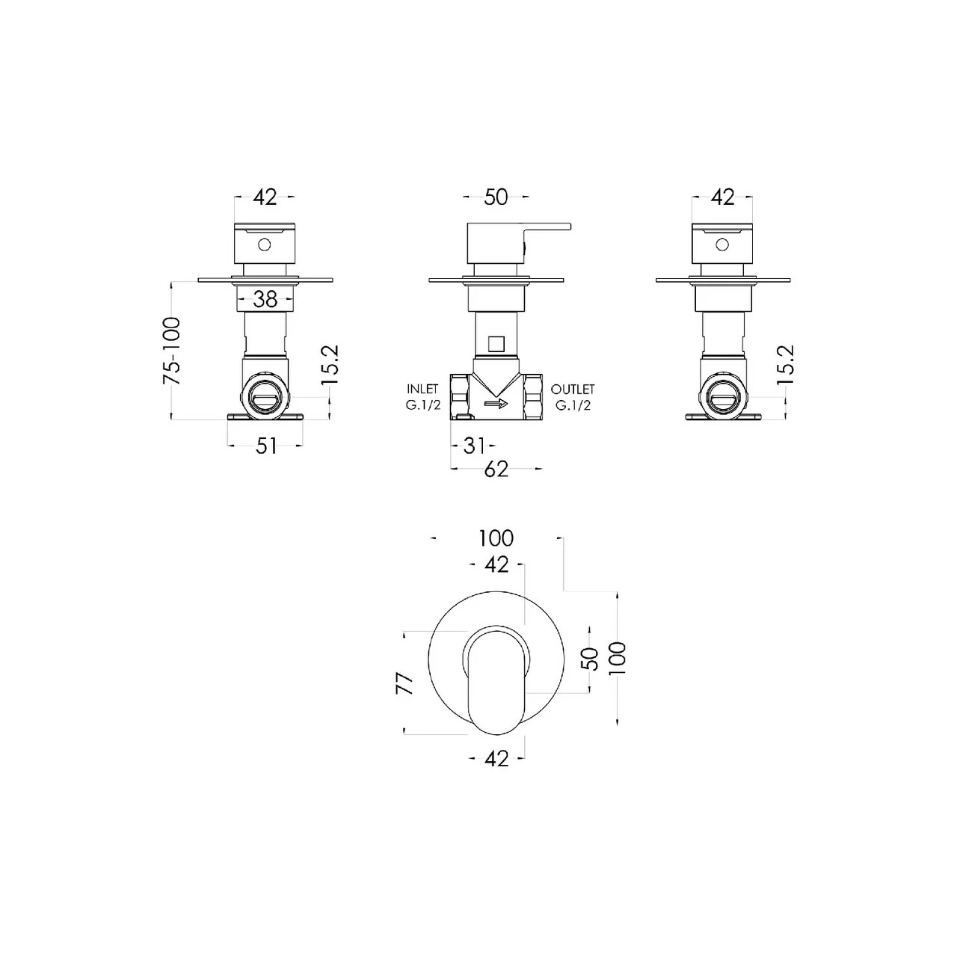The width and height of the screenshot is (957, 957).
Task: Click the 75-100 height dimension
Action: pos(173,351)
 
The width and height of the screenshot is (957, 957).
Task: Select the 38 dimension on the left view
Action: pos(265,300)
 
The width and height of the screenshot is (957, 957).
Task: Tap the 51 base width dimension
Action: pos(266,446)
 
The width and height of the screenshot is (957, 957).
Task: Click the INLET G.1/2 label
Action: pos(422,397)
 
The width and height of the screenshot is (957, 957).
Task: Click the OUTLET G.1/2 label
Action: pos(573,397)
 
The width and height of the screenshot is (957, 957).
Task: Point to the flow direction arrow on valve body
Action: pos(496,404)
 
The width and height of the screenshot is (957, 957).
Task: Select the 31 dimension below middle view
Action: pos(474,446)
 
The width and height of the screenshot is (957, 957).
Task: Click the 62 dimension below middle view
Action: pos(496,469)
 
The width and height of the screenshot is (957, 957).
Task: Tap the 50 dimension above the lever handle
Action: pos(496,197)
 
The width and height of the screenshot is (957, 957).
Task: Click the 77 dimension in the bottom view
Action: pos(404,683)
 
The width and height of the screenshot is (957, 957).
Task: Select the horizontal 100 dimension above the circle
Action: pos(496,538)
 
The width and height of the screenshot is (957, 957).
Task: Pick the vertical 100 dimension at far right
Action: pos(618,658)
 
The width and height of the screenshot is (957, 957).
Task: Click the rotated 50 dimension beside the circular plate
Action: pos(590,658)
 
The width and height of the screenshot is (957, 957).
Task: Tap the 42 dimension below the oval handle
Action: pos(496,759)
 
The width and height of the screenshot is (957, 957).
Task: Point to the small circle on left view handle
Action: pos(264,244)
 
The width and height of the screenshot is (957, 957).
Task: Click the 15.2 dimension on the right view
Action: pos(785,365)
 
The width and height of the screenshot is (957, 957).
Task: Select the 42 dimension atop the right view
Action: pos(722,197)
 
